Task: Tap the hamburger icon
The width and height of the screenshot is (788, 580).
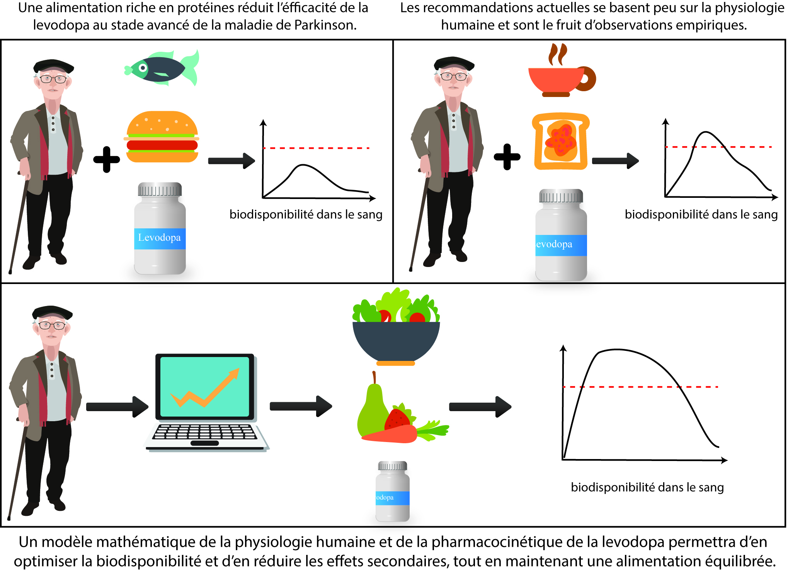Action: coord(162,137)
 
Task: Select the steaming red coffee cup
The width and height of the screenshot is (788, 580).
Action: coord(560,79)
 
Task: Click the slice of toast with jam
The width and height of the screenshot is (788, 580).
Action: coord(560,141)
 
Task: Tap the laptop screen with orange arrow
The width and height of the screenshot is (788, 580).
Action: coord(205,386)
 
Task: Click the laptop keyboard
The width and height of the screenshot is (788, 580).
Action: coord(205,432)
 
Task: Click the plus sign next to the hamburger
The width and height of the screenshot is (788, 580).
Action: coord(107,159)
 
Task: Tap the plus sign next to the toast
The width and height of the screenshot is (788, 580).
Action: coord(507,157)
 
